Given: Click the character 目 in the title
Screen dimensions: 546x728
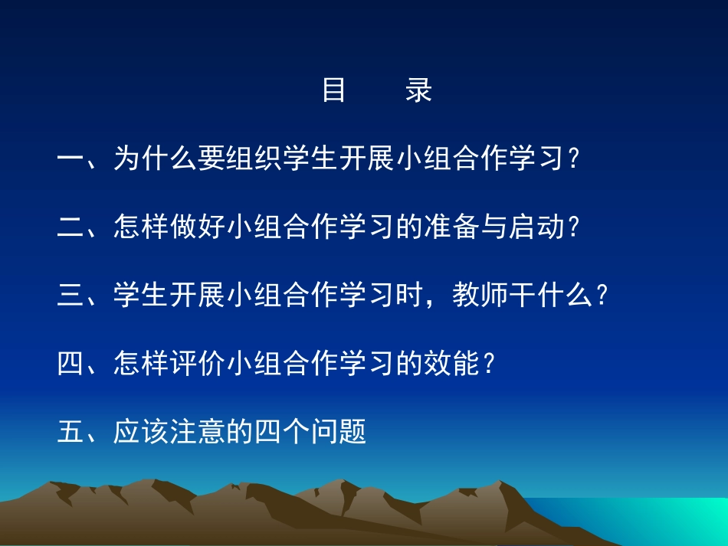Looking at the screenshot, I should click(x=334, y=90).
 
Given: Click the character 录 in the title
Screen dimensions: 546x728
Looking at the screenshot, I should click(x=419, y=90).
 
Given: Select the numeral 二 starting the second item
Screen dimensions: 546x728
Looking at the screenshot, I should click(x=71, y=227).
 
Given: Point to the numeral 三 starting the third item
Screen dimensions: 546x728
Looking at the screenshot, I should click(x=71, y=295).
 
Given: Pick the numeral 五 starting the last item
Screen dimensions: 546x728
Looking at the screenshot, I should click(x=71, y=431).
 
